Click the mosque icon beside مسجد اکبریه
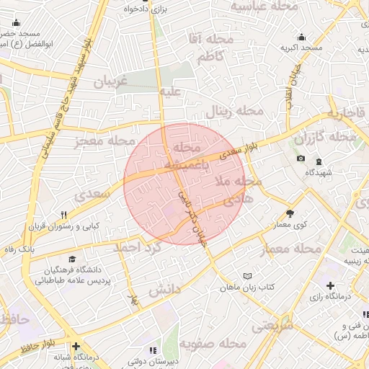click(301, 37)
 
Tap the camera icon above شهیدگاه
click(301, 159)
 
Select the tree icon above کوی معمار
click(290, 213)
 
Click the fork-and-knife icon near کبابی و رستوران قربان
click(63, 215)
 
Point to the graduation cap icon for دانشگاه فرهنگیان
click(71, 259)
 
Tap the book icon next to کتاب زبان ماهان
click(249, 276)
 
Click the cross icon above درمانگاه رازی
click(330, 286)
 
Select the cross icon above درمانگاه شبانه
click(76, 347)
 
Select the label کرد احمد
click(135, 247)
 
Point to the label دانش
click(164, 290)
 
